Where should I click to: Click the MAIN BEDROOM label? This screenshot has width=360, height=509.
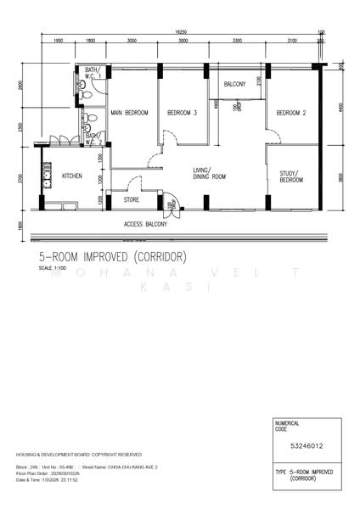[130, 113]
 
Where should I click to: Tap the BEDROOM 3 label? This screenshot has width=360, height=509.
[182, 113]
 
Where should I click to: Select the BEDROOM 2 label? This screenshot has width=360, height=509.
[290, 113]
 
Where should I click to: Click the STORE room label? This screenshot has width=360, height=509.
[132, 200]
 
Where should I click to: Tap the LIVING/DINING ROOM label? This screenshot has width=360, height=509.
[209, 173]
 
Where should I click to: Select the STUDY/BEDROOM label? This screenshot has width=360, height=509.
[292, 177]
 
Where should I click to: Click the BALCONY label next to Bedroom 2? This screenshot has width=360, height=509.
[234, 85]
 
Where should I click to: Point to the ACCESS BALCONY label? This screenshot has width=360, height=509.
[145, 224]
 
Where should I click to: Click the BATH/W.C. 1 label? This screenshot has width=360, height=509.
[93, 73]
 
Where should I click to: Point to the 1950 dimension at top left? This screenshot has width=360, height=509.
[58, 41]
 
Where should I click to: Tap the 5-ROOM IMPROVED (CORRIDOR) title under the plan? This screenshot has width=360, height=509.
[112, 256]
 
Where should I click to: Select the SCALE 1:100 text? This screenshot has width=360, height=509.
[51, 269]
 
